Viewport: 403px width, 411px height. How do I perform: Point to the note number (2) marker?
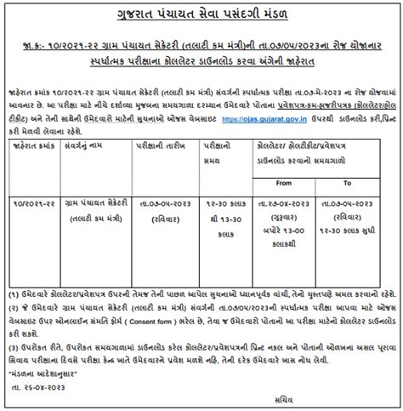pyautogui.click(x=14, y=304)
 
